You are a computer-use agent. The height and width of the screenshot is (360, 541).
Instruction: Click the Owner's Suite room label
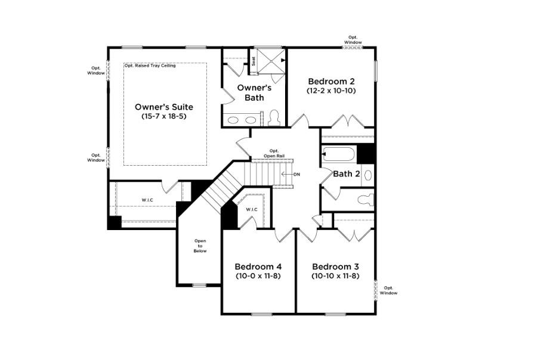(x=163, y=107)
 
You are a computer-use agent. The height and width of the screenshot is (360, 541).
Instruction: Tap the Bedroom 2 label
(x=331, y=81)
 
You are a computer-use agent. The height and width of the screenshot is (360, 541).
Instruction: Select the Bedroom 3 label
(x=335, y=266)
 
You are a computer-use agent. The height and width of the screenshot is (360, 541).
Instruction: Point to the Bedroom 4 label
(x=258, y=266)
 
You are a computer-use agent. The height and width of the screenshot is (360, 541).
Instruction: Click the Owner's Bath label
(x=254, y=92)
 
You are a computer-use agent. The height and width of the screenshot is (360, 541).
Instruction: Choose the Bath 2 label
(x=346, y=174)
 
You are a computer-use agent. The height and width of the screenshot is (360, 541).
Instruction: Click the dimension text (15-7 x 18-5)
(x=164, y=117)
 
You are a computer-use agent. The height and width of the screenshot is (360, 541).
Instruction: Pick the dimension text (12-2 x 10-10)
(x=331, y=91)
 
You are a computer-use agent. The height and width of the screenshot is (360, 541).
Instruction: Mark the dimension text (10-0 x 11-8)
(x=258, y=277)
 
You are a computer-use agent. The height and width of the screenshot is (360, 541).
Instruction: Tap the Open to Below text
(x=200, y=246)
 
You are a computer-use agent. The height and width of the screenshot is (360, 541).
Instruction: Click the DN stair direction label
(x=297, y=175)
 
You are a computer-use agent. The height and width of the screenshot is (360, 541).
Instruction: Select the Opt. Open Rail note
(x=274, y=153)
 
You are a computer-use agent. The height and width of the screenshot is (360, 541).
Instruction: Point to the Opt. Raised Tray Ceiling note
(x=150, y=66)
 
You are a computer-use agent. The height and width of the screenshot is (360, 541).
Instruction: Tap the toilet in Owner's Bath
(x=274, y=118)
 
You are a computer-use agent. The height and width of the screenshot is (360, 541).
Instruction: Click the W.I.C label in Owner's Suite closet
(x=147, y=200)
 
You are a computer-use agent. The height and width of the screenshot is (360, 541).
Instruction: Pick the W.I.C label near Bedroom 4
(x=251, y=209)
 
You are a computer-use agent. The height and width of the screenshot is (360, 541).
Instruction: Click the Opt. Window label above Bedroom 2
(x=353, y=39)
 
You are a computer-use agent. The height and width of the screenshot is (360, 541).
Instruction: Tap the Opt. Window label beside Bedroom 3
(x=388, y=290)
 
